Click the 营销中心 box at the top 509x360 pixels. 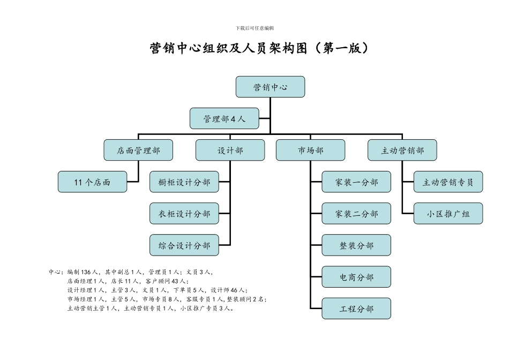click(270, 87)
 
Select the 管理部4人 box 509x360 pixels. click(224, 119)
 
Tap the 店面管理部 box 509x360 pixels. click(138, 151)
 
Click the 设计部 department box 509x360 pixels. click(230, 151)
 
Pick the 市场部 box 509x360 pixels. click(310, 151)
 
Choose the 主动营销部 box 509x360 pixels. click(402, 151)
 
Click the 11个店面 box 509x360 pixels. click(92, 182)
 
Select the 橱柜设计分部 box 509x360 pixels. click(184, 182)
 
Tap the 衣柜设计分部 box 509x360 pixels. click(184, 214)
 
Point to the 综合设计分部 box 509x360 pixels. click(184, 245)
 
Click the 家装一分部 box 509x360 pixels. click(356, 182)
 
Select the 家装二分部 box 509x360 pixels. click(356, 214)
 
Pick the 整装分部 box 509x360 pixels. click(356, 245)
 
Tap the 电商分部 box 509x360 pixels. click(356, 277)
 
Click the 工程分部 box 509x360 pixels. click(356, 309)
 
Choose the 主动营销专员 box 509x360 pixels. click(448, 182)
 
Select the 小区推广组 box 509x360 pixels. click(448, 214)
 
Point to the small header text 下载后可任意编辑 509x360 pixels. click(254, 28)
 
